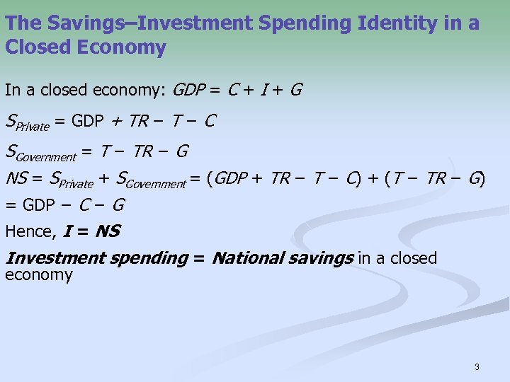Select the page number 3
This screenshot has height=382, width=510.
coord(477,367)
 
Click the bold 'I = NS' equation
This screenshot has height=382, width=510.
coord(91,231)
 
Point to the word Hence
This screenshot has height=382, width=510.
coord(30,231)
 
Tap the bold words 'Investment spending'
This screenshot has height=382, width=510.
coord(96,258)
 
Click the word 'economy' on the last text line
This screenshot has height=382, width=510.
coord(38,275)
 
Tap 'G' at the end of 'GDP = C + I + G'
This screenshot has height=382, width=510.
coord(296,90)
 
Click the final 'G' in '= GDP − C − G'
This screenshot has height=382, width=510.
coord(118,206)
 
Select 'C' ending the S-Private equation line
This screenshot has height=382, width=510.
coord(209,122)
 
